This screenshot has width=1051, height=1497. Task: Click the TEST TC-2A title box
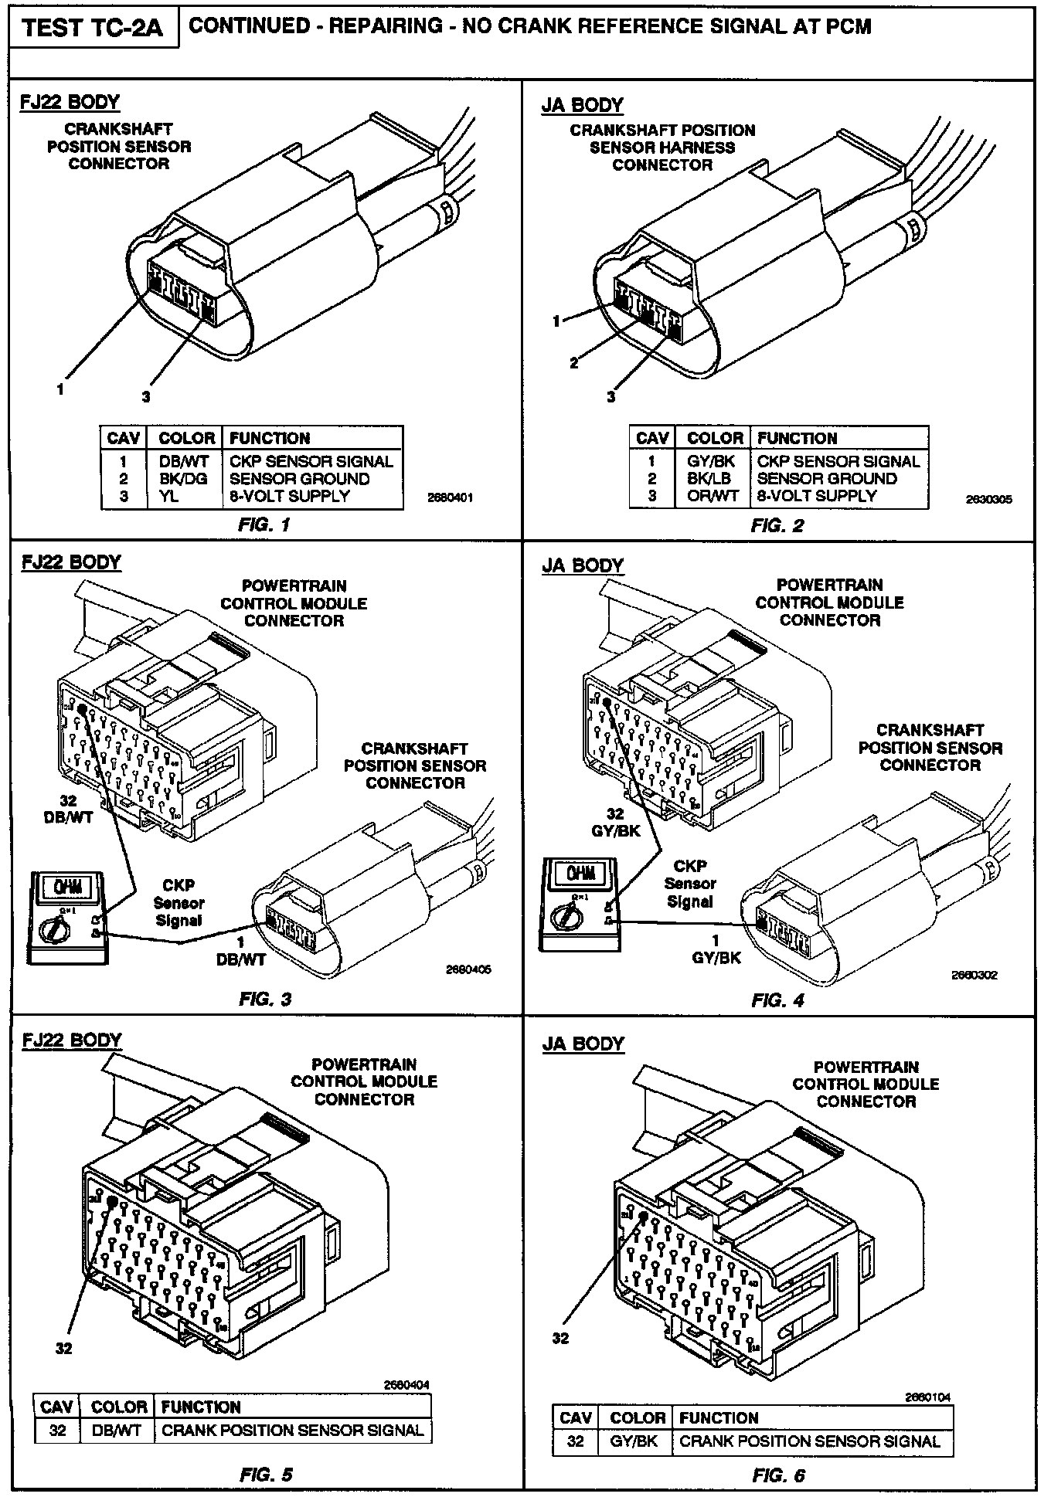tap(93, 29)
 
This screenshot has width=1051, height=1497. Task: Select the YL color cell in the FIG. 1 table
tap(169, 496)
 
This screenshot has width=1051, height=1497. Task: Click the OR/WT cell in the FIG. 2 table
tap(713, 496)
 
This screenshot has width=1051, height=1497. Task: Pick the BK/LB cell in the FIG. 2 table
tap(709, 479)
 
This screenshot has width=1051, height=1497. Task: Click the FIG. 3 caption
tap(265, 999)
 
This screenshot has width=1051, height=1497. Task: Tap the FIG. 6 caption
tap(777, 1475)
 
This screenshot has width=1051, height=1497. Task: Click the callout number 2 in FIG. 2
tap(574, 363)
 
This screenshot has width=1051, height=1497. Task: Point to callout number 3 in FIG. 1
tap(145, 397)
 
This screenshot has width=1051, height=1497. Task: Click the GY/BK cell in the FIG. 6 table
tap(634, 1441)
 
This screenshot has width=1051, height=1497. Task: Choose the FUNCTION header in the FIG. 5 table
tap(201, 1407)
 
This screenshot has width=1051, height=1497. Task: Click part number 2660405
tap(468, 969)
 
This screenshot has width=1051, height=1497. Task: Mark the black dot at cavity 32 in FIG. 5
tap(113, 1201)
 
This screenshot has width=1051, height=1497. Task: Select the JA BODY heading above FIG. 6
tap(583, 1044)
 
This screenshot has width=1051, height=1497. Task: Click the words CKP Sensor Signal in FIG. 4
tap(690, 884)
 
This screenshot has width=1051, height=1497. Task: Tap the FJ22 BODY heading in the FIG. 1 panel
tap(70, 102)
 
